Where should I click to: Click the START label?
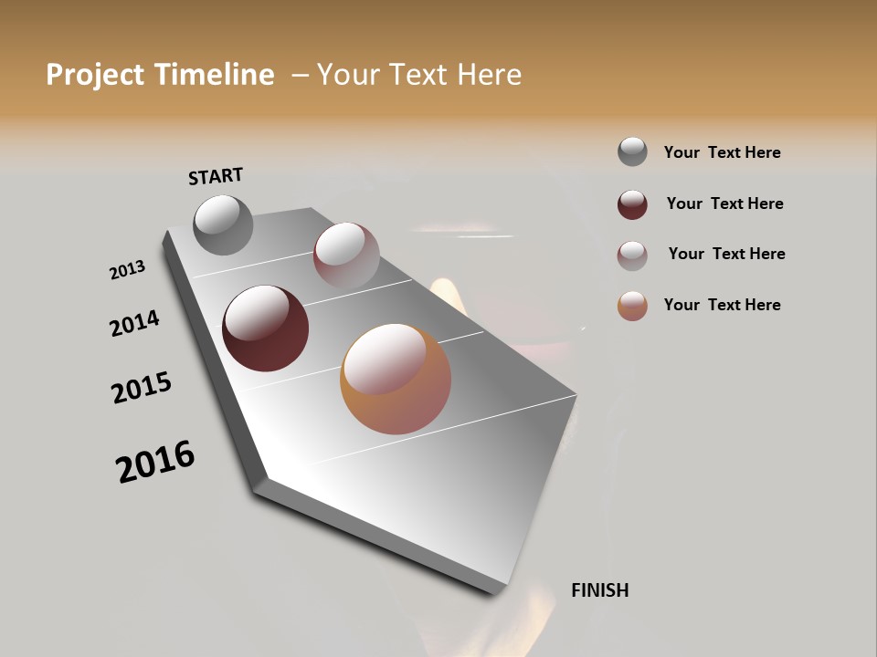[x=216, y=176]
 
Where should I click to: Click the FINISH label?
[x=599, y=590]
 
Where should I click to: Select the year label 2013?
[x=127, y=270]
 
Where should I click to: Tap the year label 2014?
[x=134, y=323]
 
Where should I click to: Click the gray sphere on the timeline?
[x=224, y=224]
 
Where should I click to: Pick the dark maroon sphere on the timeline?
[x=265, y=328]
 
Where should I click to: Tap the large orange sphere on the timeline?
[x=396, y=379]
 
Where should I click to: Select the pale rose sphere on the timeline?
[x=346, y=255]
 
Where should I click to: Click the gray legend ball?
[x=632, y=152]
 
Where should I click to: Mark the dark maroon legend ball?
[x=632, y=204]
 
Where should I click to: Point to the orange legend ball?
[x=632, y=306]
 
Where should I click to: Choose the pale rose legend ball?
[x=632, y=255]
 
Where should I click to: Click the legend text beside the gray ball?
[x=722, y=152]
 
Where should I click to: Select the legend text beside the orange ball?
[x=722, y=305]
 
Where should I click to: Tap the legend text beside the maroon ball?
[x=724, y=203]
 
